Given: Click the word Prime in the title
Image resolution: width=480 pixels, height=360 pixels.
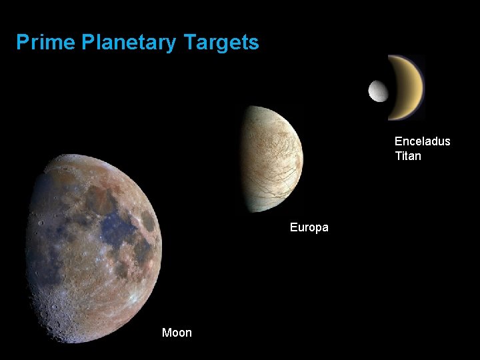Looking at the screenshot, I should point(45,43).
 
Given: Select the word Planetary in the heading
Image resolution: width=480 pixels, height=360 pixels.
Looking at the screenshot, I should point(129,43).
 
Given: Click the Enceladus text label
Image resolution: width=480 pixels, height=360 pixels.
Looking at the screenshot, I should point(422,141).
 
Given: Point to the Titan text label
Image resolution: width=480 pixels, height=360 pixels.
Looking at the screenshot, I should point(407,157).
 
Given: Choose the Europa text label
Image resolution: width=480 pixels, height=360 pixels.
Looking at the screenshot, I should point(309,228).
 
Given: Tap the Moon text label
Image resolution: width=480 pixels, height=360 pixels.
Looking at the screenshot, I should point(177,333).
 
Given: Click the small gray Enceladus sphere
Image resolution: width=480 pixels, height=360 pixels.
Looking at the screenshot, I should point(378,91).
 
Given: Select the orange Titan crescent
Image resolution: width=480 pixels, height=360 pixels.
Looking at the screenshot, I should point(413,87).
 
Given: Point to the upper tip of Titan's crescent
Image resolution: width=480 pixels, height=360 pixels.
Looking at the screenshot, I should point(393,57).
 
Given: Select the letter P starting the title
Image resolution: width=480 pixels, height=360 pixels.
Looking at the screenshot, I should point(23,43).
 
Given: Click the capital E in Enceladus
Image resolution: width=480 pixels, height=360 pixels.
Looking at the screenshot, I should point(399,141).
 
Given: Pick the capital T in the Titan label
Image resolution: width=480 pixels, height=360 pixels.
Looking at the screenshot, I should point(398,157).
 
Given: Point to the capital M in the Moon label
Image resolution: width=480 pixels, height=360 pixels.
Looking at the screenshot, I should point(167,333).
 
